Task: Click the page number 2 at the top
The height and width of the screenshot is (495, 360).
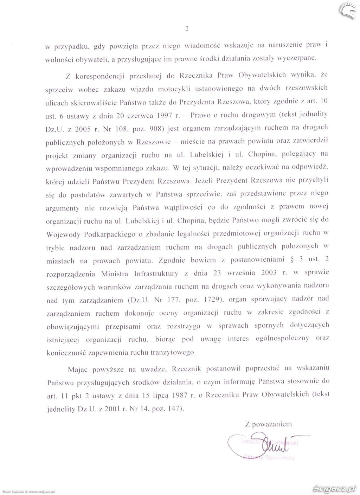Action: pyautogui.click(x=187, y=30)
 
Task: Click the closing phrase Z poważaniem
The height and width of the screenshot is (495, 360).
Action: pyautogui.click(x=268, y=424)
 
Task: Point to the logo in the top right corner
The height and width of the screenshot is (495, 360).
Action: pyautogui.click(x=349, y=9)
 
